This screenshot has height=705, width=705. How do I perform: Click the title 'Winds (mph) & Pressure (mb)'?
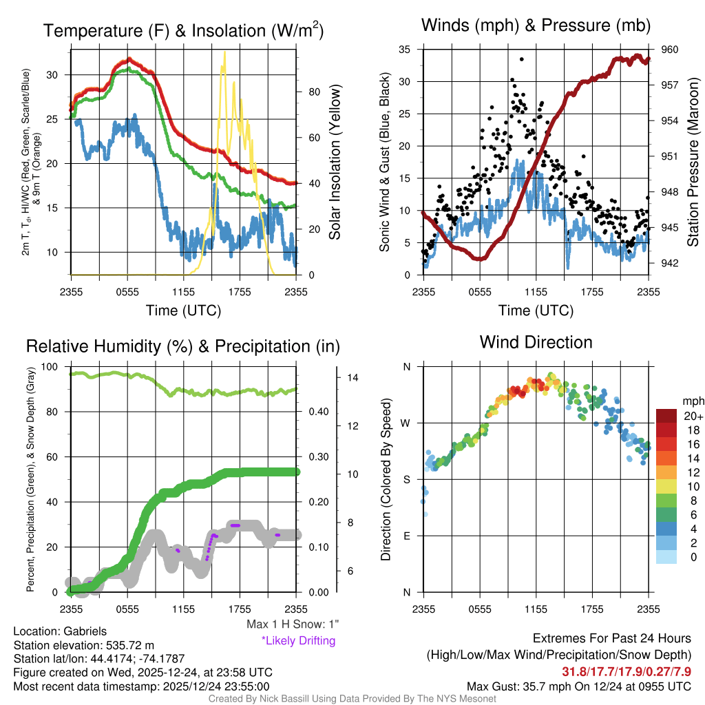(x=536, y=26)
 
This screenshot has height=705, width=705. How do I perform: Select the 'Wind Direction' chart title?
(x=536, y=342)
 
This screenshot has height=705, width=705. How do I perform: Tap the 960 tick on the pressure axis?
(x=670, y=50)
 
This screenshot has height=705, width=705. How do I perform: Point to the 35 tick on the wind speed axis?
(x=405, y=50)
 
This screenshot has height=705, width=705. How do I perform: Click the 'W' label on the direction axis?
(x=406, y=423)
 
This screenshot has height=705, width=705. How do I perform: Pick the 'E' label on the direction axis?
(x=407, y=536)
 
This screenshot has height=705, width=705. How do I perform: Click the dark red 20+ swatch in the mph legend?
(x=668, y=416)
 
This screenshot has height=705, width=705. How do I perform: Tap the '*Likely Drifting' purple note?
(x=298, y=641)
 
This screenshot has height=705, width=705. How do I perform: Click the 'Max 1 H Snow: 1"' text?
(x=293, y=624)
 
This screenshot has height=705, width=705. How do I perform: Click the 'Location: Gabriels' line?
(x=60, y=631)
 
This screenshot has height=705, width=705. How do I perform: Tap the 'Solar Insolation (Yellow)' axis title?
(x=335, y=163)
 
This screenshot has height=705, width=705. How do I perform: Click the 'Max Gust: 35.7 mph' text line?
(x=578, y=686)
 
